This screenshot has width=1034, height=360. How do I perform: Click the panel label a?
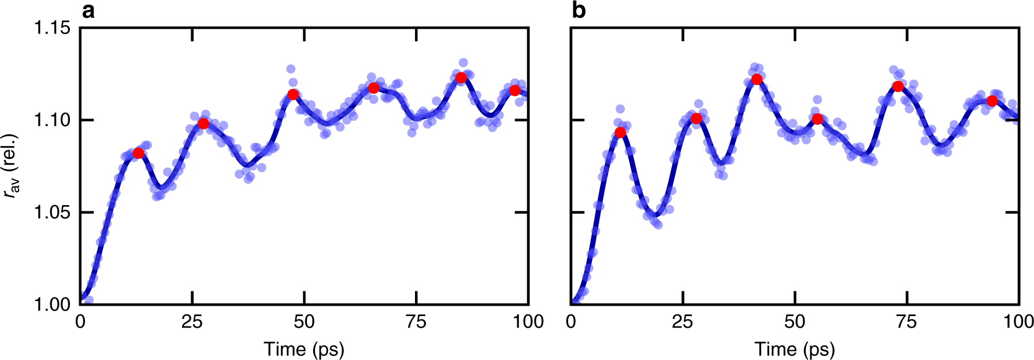click(x=88, y=10)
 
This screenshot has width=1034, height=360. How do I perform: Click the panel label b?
click(x=579, y=10)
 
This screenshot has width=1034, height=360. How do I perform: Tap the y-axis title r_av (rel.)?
click(x=12, y=166)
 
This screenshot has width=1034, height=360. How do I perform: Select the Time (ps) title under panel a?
click(x=304, y=349)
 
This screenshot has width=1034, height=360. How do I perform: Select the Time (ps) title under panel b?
click(x=795, y=349)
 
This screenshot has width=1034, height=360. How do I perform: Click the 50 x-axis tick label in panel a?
click(x=304, y=322)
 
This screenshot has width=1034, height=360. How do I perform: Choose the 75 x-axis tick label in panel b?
click(x=907, y=322)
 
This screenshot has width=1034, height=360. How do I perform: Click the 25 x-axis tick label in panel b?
click(x=683, y=322)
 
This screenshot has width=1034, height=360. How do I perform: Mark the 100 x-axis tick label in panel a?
click(x=528, y=322)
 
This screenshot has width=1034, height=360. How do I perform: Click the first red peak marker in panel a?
click(x=138, y=153)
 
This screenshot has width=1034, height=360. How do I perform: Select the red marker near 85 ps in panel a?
click(x=461, y=77)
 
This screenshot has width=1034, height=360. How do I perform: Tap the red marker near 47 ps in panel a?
click(x=293, y=94)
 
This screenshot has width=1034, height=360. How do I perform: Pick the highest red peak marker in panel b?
click(x=757, y=79)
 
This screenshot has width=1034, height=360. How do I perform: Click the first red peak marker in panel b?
click(x=620, y=132)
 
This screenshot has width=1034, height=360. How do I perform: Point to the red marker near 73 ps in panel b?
click(x=898, y=86)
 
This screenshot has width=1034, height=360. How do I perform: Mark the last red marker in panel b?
click(x=992, y=101)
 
